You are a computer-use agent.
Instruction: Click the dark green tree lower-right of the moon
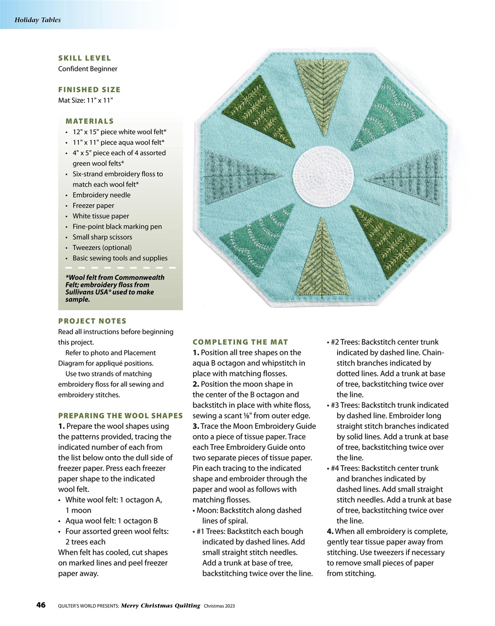coord(386,242)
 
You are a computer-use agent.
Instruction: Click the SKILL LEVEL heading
coord(85,58)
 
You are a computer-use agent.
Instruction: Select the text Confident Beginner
coord(87,69)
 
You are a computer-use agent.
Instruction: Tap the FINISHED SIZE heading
coord(89,89)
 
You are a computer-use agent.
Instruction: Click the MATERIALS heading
coord(89,121)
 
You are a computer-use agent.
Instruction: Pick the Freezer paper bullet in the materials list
coord(93,205)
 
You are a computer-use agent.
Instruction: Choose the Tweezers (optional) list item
coord(102,247)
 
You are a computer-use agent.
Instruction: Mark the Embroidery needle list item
coord(102,195)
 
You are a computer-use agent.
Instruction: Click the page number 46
coord(41,605)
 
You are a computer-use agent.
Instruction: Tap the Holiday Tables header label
coord(38,20)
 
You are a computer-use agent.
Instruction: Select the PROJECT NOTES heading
coord(92,321)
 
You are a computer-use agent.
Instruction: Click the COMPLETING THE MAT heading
coord(240,342)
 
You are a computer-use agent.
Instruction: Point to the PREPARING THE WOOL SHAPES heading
coord(120,416)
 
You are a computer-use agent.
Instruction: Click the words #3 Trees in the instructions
coord(345,405)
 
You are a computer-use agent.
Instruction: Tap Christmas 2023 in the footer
coord(219,606)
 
